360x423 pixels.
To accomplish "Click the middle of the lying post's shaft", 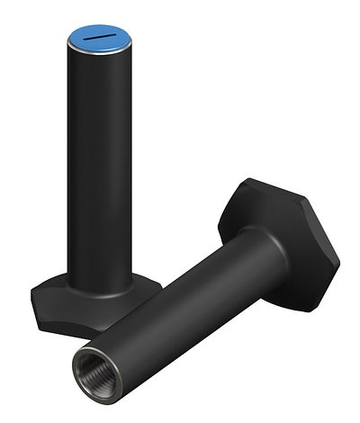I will pos(171,306).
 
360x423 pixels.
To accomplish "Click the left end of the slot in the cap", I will pos(87,37).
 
